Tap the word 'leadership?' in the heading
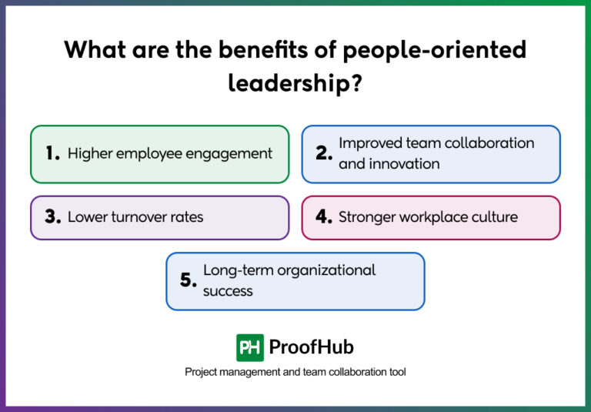[295, 82]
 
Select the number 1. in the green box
[52, 154]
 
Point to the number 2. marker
[324, 153]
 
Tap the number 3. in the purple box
[52, 217]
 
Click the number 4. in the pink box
[324, 217]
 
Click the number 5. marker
[189, 280]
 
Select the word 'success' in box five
[228, 291]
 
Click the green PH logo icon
[250, 347]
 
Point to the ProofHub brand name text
[311, 347]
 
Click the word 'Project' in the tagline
[202, 372]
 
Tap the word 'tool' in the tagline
[396, 372]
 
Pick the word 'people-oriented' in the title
[435, 50]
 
